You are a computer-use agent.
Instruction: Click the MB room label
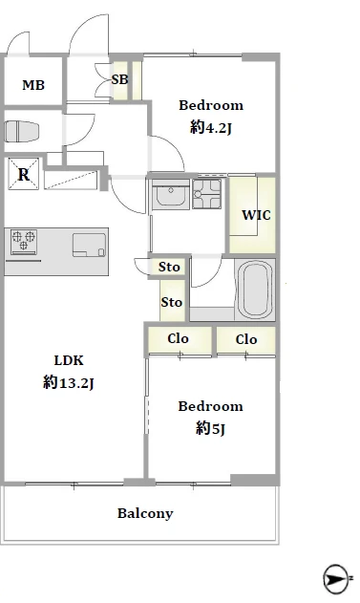(33, 85)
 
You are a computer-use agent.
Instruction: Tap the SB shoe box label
(120, 79)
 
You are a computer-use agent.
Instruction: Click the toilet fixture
(22, 132)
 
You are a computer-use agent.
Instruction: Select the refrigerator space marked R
(24, 174)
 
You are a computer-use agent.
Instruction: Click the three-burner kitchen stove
(24, 242)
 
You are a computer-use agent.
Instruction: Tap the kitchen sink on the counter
(89, 245)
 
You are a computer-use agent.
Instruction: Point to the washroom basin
(171, 195)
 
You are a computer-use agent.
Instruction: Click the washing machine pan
(206, 194)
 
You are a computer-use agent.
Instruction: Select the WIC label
(256, 215)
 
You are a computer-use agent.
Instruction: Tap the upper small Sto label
(169, 267)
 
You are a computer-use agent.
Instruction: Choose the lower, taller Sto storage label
(171, 302)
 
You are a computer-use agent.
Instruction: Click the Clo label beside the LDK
(178, 338)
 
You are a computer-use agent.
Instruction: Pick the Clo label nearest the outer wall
(246, 339)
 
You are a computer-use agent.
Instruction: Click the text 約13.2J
(69, 382)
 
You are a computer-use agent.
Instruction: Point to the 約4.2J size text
(210, 127)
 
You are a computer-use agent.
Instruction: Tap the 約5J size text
(210, 428)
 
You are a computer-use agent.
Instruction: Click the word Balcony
(145, 514)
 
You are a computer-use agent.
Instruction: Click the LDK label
(69, 360)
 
